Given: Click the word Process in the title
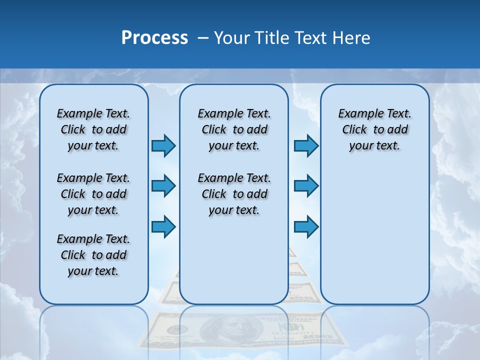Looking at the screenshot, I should (x=154, y=38).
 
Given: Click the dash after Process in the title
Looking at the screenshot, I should (x=203, y=38).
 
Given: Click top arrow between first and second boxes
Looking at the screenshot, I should (x=163, y=145).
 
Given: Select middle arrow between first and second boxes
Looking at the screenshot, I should (x=163, y=186).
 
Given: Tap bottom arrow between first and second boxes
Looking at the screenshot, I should (x=163, y=226).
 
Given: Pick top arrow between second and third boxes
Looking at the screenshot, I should (x=306, y=145).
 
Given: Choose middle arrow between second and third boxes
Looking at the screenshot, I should (x=306, y=186).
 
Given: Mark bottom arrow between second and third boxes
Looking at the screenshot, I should (x=306, y=226).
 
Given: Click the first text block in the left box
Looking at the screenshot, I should (x=93, y=129).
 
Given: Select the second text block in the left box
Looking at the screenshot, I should (x=93, y=194).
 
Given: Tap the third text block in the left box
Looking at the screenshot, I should (x=93, y=255).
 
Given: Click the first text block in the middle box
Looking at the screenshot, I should (x=234, y=129).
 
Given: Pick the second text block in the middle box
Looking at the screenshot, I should (x=234, y=194).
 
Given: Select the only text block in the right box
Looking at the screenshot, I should (x=374, y=129).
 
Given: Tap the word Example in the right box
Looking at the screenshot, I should (x=357, y=113).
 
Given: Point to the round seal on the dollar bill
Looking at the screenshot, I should (x=177, y=330).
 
